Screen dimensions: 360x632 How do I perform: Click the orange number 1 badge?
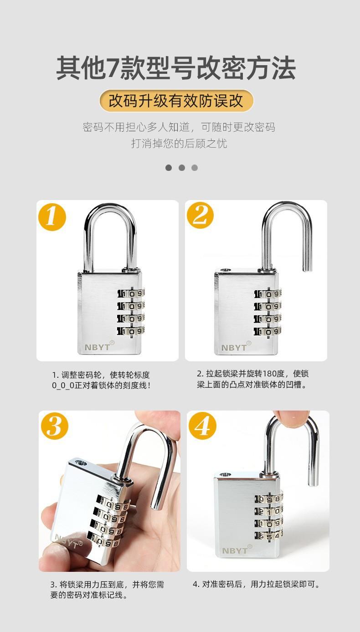(52, 217)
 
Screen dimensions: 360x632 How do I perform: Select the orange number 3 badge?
(54, 426)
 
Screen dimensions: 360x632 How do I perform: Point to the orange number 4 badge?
(202, 426)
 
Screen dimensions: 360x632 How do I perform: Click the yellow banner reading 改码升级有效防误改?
(176, 101)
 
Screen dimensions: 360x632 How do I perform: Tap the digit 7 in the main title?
(112, 68)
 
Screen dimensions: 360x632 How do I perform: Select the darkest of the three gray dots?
(169, 168)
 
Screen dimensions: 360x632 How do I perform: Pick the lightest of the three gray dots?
(195, 168)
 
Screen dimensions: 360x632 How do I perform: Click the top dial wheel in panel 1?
(131, 294)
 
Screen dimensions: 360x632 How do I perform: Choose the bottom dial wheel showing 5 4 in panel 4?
(268, 536)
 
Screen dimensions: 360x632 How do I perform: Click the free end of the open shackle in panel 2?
(308, 269)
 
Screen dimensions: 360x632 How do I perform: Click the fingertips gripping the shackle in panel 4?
(292, 419)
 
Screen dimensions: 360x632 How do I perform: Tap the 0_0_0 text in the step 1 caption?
(63, 385)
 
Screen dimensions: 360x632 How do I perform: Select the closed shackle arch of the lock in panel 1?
(110, 210)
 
